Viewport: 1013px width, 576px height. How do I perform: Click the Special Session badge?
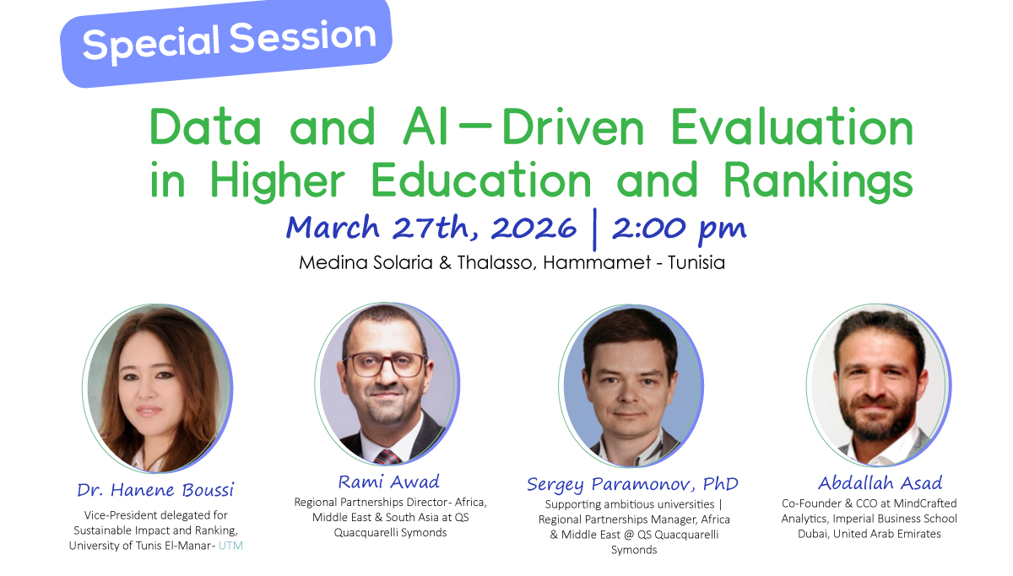coord(228,40)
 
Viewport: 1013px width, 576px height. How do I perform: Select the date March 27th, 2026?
coord(431,228)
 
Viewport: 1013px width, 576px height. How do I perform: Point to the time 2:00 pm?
coord(680,228)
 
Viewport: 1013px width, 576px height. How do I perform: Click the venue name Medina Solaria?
coord(367,263)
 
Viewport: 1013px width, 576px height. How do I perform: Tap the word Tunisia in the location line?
coord(696,263)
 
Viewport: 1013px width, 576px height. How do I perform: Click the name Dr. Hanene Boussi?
coord(155,490)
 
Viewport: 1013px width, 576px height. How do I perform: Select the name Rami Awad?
coord(389,482)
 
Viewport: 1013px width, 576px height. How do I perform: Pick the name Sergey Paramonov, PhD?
coord(632,484)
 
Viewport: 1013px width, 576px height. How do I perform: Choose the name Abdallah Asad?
coord(880,482)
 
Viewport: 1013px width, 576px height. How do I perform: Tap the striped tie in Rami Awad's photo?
coord(387,456)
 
